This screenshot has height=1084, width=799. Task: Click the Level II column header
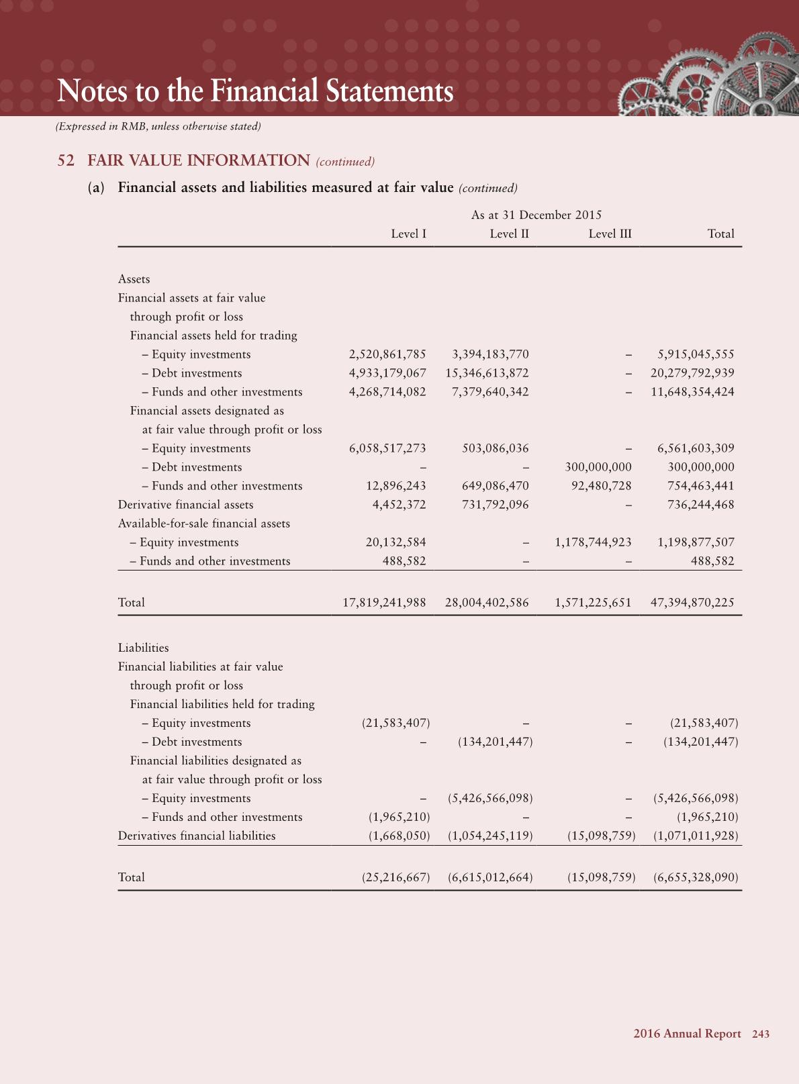[509, 234]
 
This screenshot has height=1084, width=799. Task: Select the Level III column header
[610, 234]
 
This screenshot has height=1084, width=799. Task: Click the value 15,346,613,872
[487, 373]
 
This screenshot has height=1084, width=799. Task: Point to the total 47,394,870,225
[692, 603]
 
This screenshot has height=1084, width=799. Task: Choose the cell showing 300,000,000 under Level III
[598, 467]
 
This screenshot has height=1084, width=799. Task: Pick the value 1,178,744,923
[593, 542]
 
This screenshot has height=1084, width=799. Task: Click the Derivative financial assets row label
[185, 505]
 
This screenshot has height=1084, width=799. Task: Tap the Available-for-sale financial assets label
[203, 524]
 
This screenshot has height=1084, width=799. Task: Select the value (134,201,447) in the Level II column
[495, 742]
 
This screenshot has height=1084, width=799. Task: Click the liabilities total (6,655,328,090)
[696, 877]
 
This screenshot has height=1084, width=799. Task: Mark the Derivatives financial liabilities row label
[197, 836]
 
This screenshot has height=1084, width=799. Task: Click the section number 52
[66, 160]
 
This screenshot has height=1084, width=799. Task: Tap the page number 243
[761, 1034]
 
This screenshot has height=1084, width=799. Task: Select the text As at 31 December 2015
[536, 215]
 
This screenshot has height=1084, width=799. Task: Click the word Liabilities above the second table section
[143, 648]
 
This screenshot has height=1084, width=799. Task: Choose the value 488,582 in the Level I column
[404, 561]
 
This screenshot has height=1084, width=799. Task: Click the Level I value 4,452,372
[399, 505]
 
